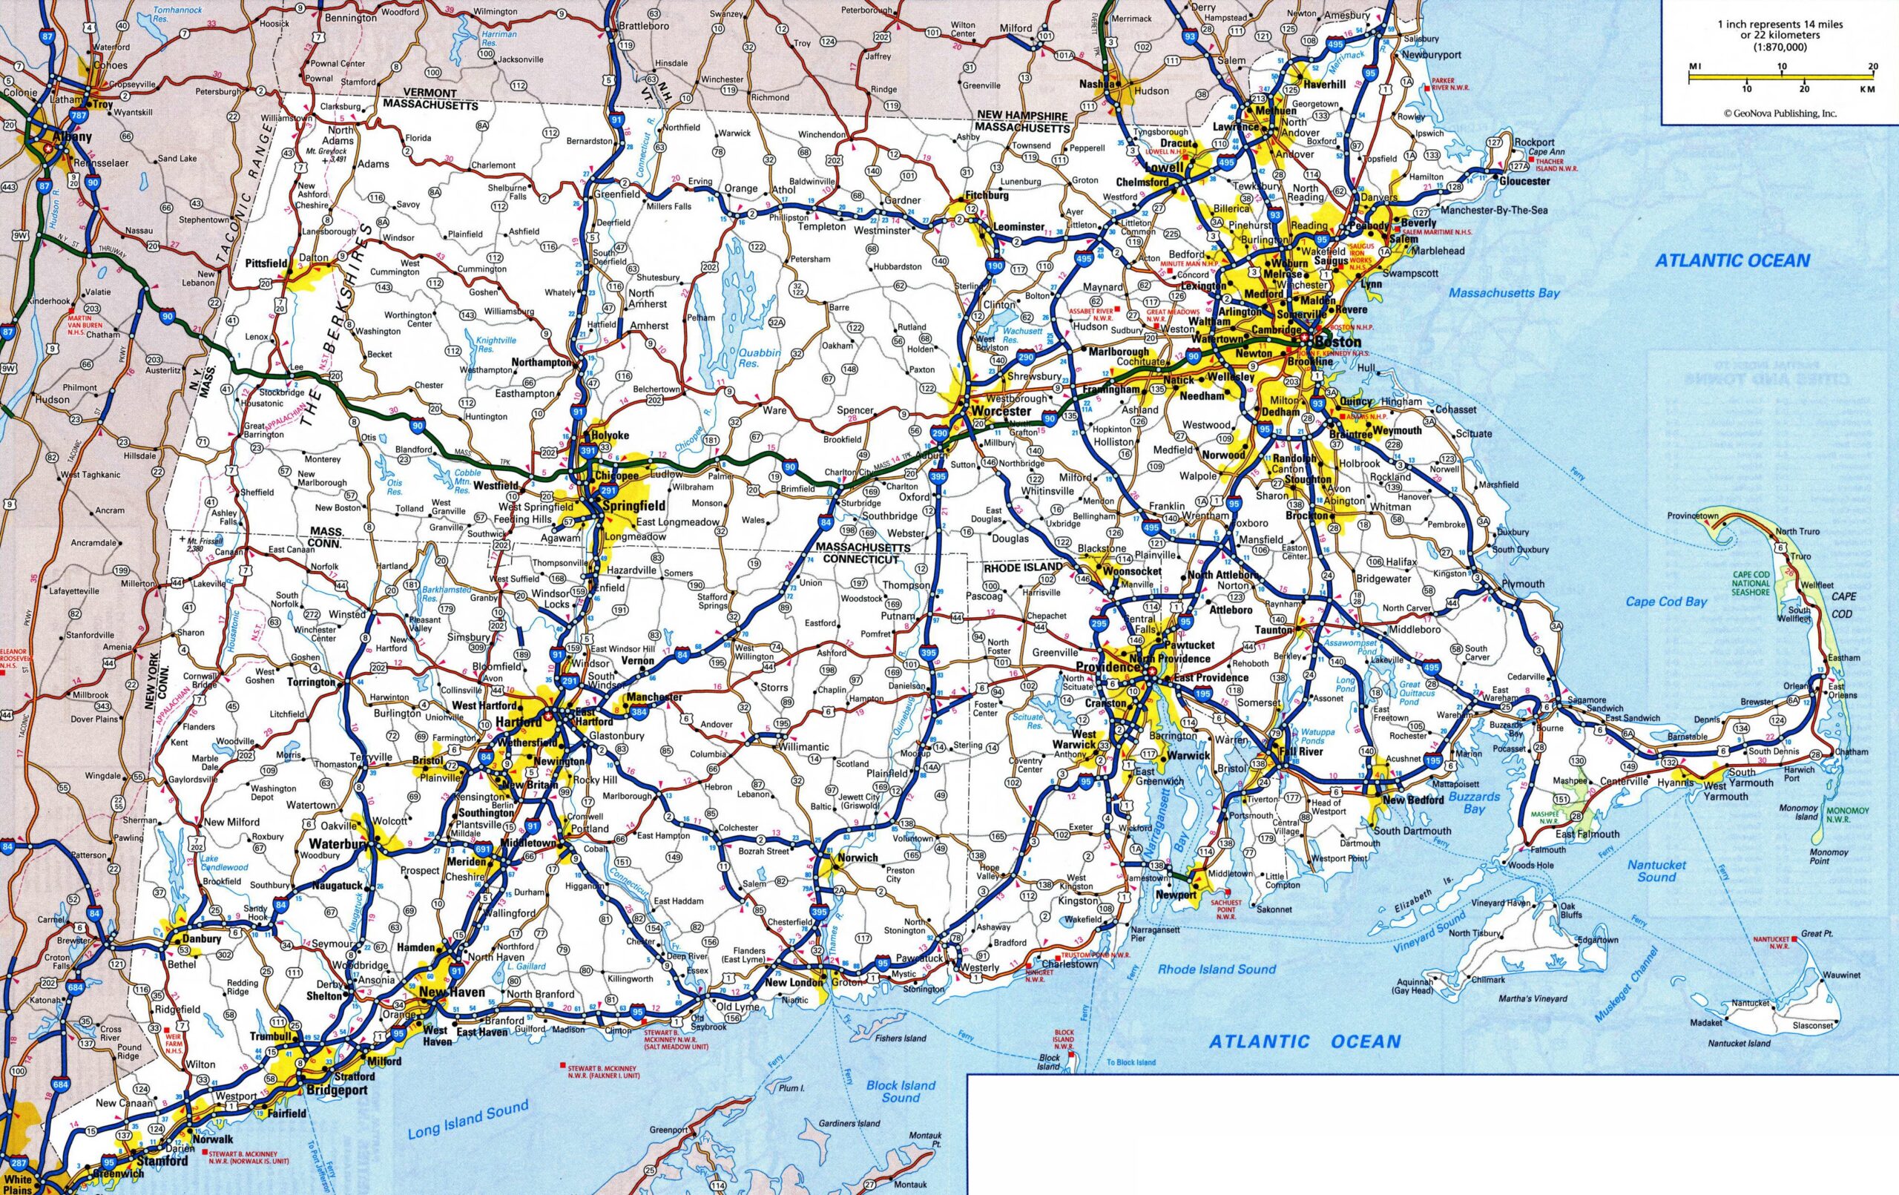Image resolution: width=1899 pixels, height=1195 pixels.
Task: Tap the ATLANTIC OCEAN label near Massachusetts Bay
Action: (x=1732, y=260)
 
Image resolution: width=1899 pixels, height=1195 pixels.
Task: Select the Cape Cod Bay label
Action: (x=1666, y=601)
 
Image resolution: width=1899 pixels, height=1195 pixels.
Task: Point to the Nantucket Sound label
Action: (x=1657, y=871)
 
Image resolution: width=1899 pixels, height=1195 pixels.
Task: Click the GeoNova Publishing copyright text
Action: (x=1780, y=113)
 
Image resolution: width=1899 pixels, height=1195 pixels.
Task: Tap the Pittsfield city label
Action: (x=266, y=263)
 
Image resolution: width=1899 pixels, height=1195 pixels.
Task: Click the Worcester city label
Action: (x=1001, y=411)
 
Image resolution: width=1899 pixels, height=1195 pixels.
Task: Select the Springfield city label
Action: (x=633, y=506)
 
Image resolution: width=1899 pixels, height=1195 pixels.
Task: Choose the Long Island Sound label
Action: (x=467, y=1120)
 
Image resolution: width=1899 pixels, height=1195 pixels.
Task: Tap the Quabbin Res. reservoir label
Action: (x=759, y=358)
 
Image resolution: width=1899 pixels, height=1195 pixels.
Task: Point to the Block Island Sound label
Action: (x=901, y=1091)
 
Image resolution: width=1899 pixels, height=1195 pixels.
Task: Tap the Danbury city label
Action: (x=201, y=938)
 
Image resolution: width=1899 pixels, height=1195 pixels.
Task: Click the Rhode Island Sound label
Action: (x=1216, y=969)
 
